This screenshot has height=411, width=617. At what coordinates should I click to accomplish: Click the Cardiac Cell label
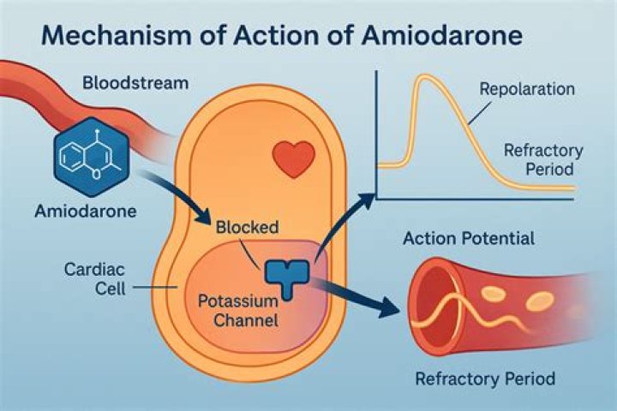coord(95,279)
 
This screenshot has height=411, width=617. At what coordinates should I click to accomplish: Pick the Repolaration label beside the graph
coord(527,89)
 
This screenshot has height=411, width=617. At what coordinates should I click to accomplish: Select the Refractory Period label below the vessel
coord(485,378)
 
